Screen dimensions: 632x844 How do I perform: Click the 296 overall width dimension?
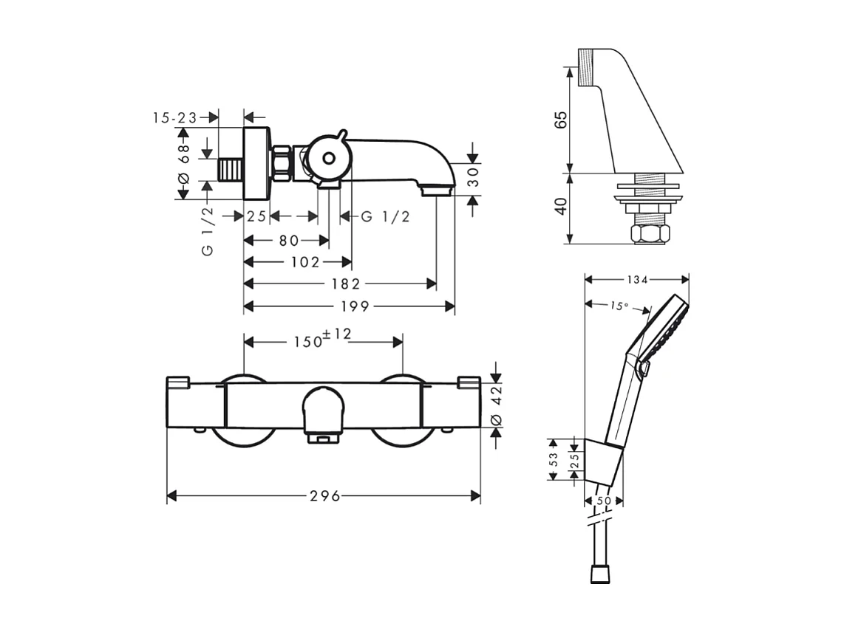point(325,496)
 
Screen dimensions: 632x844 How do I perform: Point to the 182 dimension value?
point(345,284)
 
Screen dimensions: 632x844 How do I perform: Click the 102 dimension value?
point(305,262)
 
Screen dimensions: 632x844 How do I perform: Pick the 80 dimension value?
point(289,241)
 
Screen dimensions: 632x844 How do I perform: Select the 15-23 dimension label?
point(176,117)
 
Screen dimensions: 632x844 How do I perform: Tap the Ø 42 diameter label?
point(497,405)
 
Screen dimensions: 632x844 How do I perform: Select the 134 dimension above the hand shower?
point(637,280)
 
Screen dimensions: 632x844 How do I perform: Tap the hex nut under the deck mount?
point(650,234)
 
